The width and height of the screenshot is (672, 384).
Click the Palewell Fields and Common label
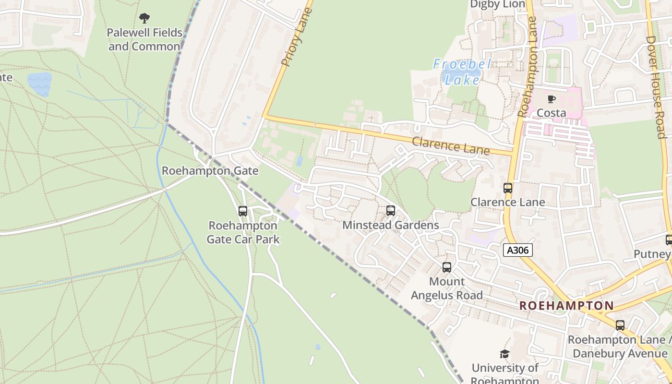click(x=144, y=39)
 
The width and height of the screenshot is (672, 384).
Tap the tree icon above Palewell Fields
click(x=144, y=19)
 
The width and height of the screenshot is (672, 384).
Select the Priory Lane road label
click(x=293, y=36)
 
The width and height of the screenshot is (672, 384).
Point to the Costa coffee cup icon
click(x=552, y=99)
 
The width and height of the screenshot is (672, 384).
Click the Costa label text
click(x=552, y=113)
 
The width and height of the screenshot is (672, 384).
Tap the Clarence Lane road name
click(x=451, y=145)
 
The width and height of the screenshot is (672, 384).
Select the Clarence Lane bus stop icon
click(x=508, y=188)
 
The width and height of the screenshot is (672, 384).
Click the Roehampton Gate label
click(x=210, y=171)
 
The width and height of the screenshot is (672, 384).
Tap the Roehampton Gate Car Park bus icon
click(x=243, y=211)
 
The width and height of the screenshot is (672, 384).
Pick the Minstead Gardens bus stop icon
click(x=391, y=210)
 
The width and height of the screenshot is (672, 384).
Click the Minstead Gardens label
click(x=391, y=225)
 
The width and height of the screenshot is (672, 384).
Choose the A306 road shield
click(x=518, y=250)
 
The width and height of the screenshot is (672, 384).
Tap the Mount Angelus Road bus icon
click(x=447, y=267)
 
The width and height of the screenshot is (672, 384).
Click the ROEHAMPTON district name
click(x=566, y=306)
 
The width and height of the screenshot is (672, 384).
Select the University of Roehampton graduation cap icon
click(x=504, y=354)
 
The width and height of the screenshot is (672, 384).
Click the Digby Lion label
click(x=498, y=4)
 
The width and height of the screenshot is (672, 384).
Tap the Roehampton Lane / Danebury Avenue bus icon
click(x=620, y=325)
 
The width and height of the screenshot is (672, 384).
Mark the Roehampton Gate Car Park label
click(x=243, y=232)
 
